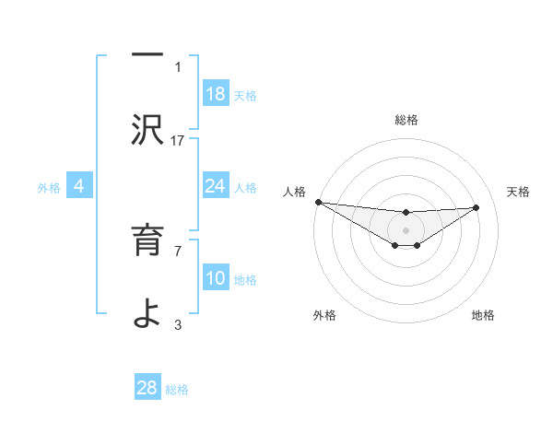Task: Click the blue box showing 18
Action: [x=216, y=94]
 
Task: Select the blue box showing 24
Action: [x=216, y=186]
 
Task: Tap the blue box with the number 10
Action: [x=216, y=278]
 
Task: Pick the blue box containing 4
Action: [x=79, y=186]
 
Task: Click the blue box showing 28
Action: [x=147, y=388]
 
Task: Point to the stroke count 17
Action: [x=178, y=140]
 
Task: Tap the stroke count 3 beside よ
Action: [x=178, y=324]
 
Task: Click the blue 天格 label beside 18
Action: [x=245, y=96]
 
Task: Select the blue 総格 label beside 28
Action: [x=177, y=390]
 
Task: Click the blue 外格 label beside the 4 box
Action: [x=49, y=188]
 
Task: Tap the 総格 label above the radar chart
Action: [x=406, y=120]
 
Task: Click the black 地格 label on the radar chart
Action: [x=483, y=315]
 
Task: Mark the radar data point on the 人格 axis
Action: [x=318, y=202]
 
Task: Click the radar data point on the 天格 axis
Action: [x=477, y=207]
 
